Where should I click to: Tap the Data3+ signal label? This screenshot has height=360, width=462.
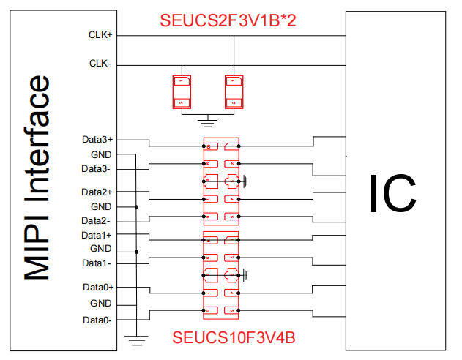point(97,139)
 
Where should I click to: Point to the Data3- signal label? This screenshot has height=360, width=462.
point(96,169)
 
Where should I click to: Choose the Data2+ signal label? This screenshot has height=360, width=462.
point(97,192)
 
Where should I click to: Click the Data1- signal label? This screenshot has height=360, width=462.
point(96,263)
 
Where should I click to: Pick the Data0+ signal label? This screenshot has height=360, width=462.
point(97,288)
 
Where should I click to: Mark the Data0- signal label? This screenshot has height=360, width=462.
point(96,320)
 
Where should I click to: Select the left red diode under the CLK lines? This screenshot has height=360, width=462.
point(181,91)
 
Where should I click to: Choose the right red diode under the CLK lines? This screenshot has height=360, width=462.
point(234,91)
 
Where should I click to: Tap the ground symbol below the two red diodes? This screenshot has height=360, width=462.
point(208,120)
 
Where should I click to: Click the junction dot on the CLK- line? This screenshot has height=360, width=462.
point(181,64)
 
